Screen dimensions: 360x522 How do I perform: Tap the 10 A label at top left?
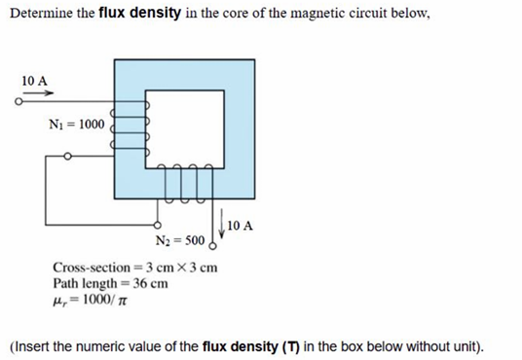pyautogui.click(x=33, y=79)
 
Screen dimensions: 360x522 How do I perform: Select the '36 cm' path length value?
pyautogui.click(x=149, y=283)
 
